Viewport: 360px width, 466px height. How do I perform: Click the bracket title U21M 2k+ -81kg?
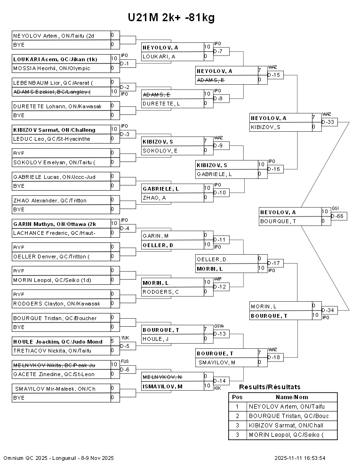coord(171,18)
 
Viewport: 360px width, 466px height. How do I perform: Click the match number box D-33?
coord(329,122)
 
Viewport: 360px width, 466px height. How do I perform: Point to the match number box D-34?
coord(329,310)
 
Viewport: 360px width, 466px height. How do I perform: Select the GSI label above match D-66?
coord(335,208)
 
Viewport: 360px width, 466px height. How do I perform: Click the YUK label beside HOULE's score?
coord(125,337)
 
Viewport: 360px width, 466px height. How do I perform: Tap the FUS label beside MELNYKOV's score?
coord(124,361)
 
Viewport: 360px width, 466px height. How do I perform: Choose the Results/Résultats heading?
coord(270,387)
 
